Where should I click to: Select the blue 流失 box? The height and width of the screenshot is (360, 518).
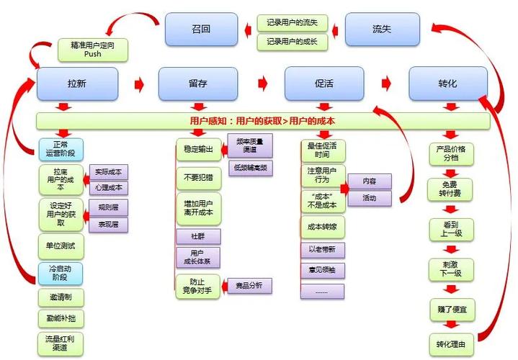pos(382,30)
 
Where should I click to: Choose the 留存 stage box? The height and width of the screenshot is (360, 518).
pos(198,84)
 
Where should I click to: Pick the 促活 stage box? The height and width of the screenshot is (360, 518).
pos(323,84)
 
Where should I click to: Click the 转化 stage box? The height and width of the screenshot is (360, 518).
pos(447,84)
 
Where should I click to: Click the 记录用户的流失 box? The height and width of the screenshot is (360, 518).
pos(293,23)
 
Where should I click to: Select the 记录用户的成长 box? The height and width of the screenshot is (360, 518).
pos(293,42)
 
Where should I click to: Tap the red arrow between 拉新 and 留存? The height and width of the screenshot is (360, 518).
pos(139,84)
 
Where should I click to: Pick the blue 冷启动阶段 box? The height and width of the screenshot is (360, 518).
pos(61,273)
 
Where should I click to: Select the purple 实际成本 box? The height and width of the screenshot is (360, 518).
pos(107,172)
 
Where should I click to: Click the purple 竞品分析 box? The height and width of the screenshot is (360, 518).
pos(249,286)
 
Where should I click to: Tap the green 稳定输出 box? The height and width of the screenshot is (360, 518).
pos(198,150)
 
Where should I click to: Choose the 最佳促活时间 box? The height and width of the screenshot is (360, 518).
pos(321,150)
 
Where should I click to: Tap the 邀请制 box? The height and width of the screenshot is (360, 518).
pos(61,297)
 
